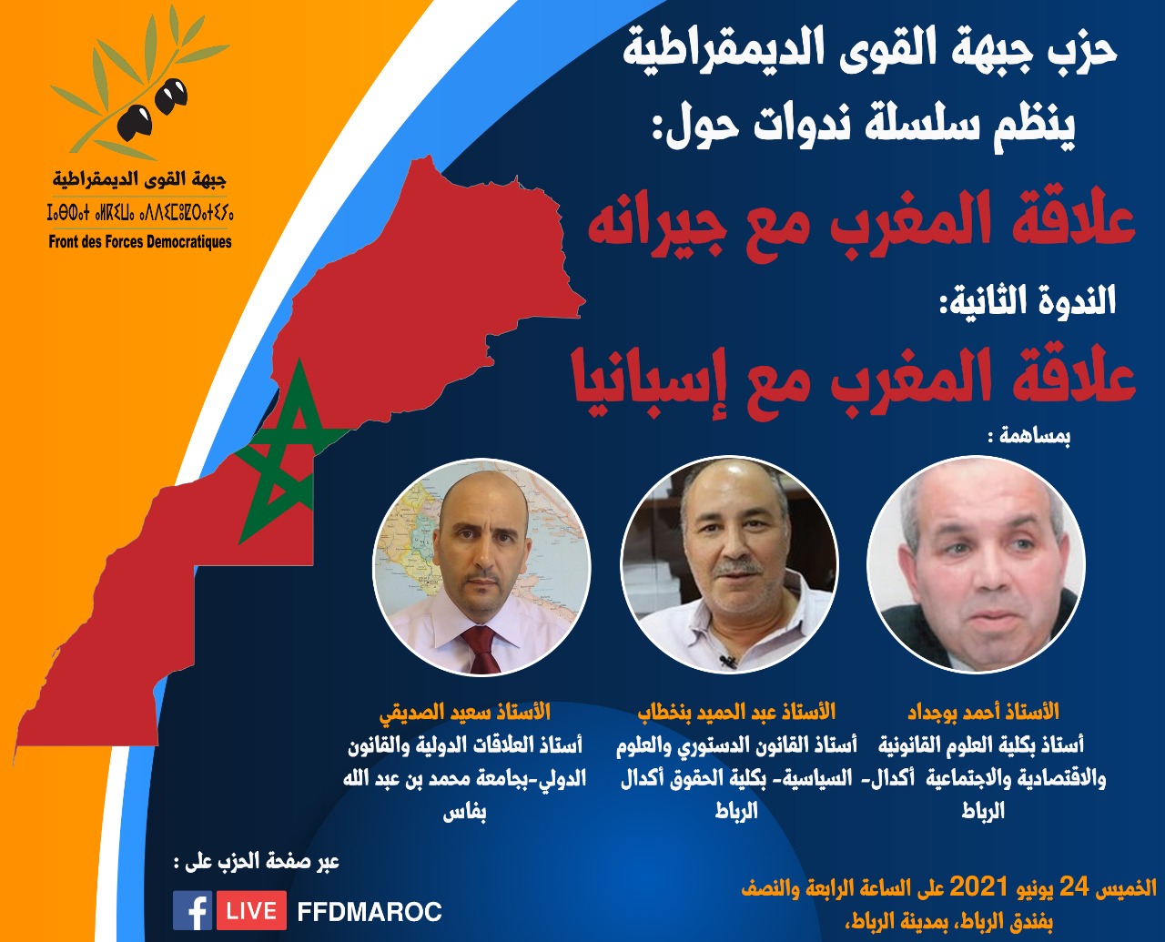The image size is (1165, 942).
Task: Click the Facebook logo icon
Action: pyautogui.click(x=193, y=910)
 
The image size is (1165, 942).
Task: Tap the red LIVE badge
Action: pyautogui.click(x=251, y=910)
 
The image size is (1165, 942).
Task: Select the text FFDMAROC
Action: pyautogui.click(x=370, y=911)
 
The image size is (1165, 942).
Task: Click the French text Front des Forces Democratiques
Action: pyautogui.click(x=140, y=241)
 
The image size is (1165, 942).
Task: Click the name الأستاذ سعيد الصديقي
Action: pyautogui.click(x=465, y=713)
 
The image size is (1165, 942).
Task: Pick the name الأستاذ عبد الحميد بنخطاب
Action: pyautogui.click(x=736, y=713)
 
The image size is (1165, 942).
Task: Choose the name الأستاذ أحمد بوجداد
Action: pyautogui.click(x=984, y=713)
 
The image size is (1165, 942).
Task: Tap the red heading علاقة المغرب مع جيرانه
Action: pyautogui.click(x=861, y=224)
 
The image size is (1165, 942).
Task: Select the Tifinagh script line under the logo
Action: pyautogui.click(x=140, y=212)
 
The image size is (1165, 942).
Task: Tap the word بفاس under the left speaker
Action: pyautogui.click(x=464, y=812)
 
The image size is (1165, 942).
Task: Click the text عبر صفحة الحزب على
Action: pyautogui.click(x=257, y=862)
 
